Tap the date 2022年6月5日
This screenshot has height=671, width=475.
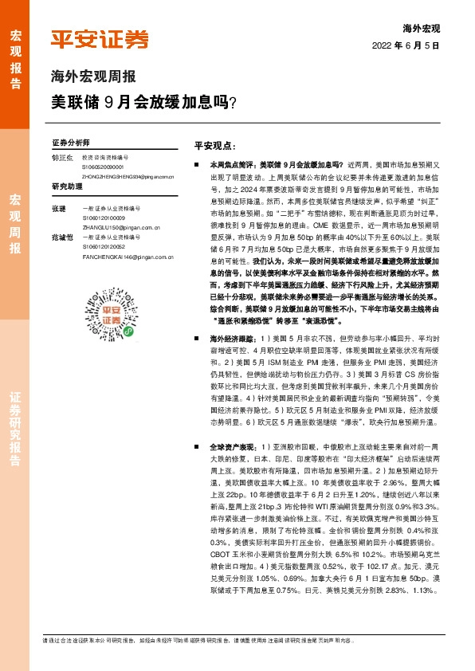[x=406, y=45]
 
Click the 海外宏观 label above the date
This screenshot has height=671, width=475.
[x=421, y=28]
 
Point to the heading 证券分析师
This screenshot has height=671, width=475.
[x=68, y=142]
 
